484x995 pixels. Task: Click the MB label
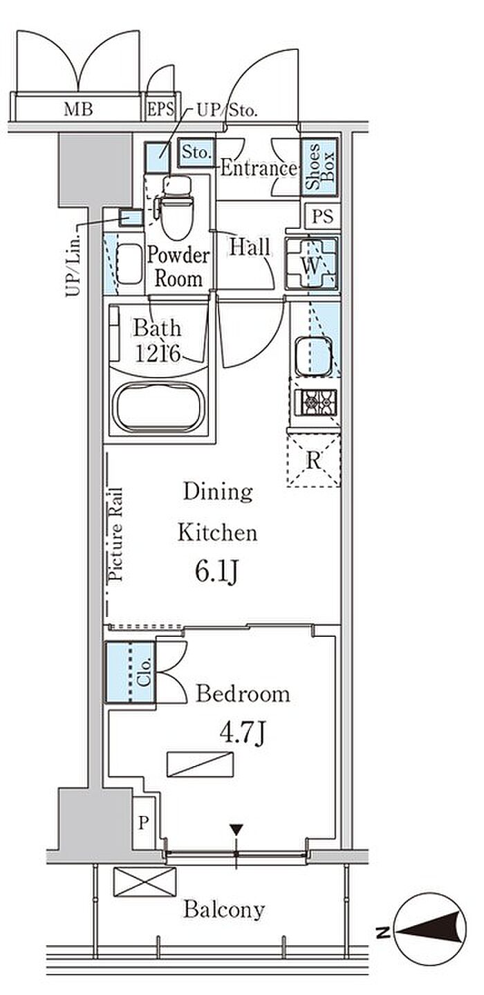(78, 109)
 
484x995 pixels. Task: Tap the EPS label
(160, 109)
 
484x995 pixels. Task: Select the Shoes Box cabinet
(319, 167)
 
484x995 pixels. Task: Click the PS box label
(322, 216)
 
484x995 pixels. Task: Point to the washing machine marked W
(312, 264)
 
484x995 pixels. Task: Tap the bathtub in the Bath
(160, 408)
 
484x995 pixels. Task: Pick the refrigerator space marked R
(313, 461)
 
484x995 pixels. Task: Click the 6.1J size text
(217, 573)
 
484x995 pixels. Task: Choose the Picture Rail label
(115, 534)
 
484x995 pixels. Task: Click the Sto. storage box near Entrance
(196, 152)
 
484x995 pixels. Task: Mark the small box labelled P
(143, 823)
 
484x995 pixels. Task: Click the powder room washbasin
(129, 264)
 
